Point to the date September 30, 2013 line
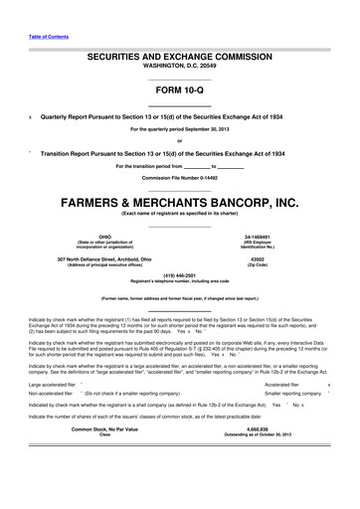[x=180, y=130]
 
